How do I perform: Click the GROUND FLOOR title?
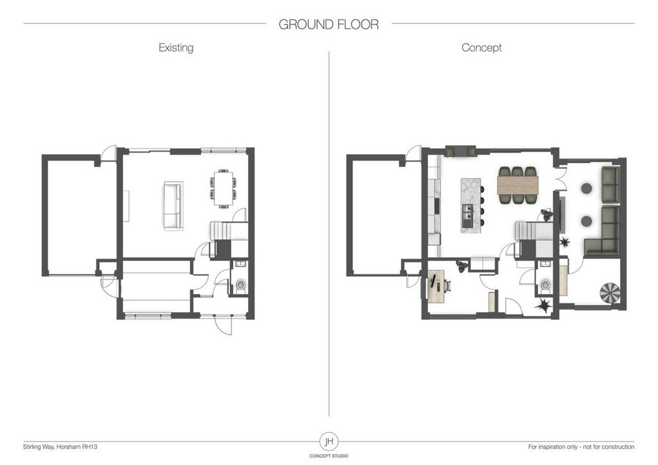pyautogui.click(x=328, y=24)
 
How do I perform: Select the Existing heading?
pyautogui.click(x=176, y=48)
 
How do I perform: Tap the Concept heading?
pyautogui.click(x=481, y=48)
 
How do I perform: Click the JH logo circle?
pyautogui.click(x=329, y=441)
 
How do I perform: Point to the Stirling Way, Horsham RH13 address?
pyautogui.click(x=60, y=447)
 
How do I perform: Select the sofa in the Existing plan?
pyautogui.click(x=173, y=206)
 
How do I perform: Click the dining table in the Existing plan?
pyautogui.click(x=222, y=188)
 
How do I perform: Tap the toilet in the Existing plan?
pyautogui.click(x=241, y=286)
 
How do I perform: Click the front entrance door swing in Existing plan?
pyautogui.click(x=222, y=325)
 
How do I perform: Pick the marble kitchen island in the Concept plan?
pyautogui.click(x=471, y=206)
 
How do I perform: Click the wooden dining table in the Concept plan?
pyautogui.click(x=517, y=186)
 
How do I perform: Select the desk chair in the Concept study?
pyautogui.click(x=447, y=286)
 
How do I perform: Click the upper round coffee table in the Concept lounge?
pyautogui.click(x=586, y=188)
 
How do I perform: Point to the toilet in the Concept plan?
pyautogui.click(x=546, y=286)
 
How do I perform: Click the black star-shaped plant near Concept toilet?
pyautogui.click(x=542, y=306)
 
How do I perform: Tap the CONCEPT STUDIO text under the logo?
pyautogui.click(x=329, y=456)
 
